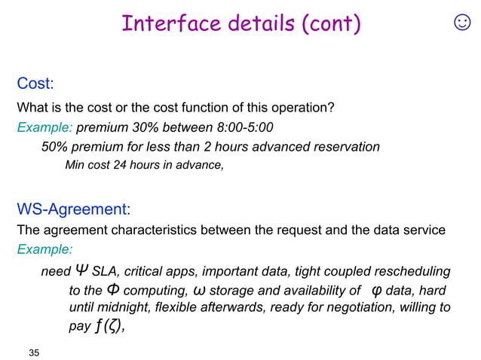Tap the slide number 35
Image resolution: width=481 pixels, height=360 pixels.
point(33,352)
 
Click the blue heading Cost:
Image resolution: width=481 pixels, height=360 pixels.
point(36,83)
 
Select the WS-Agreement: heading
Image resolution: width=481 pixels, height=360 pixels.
point(74,208)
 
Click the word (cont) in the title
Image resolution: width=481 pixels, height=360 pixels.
point(330,24)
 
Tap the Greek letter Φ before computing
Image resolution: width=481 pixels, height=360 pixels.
point(112,290)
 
